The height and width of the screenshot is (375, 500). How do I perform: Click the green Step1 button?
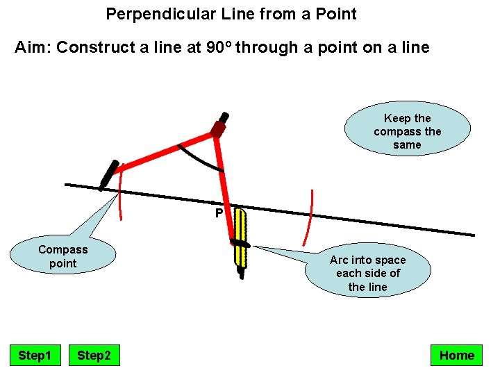tap(35, 356)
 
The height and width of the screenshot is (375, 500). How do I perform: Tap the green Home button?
tap(456, 356)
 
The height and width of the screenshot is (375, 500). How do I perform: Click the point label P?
tap(218, 213)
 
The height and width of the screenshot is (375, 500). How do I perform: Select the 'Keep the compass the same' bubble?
tap(407, 131)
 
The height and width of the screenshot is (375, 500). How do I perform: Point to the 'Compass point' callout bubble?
tap(63, 257)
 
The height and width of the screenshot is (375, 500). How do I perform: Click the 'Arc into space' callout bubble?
tap(367, 273)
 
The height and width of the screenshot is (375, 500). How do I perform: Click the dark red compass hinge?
tap(218, 129)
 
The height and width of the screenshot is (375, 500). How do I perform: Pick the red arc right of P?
tap(310, 217)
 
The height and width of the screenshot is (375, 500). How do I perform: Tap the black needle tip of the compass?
tap(108, 175)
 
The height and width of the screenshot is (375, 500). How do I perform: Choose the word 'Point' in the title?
tap(335, 14)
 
